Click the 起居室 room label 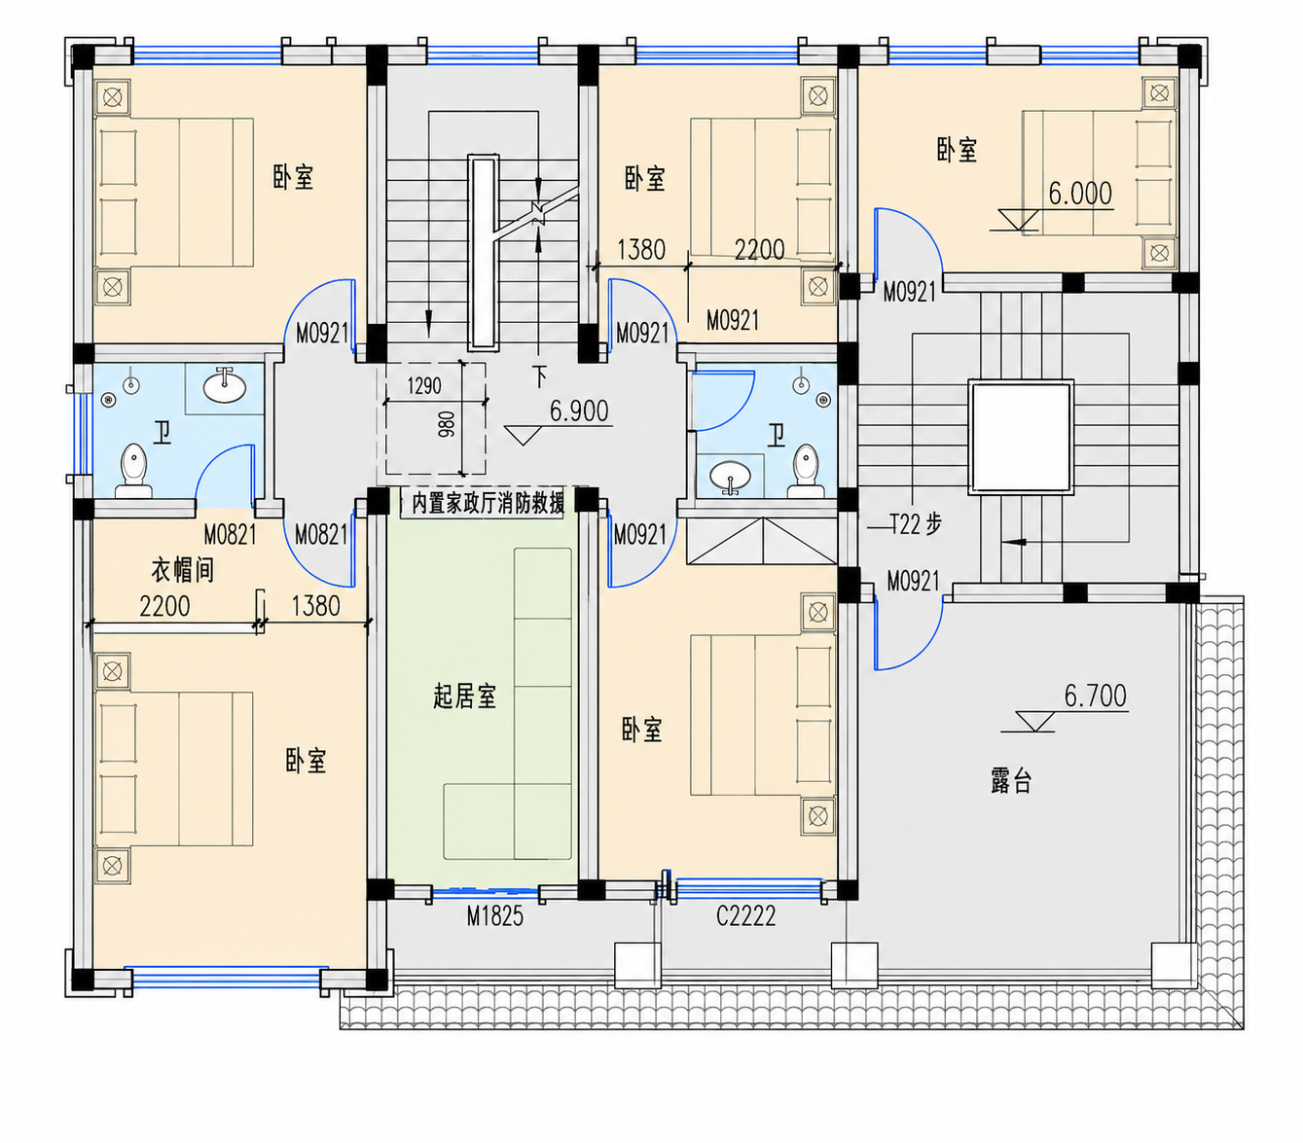pyautogui.click(x=464, y=697)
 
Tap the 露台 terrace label pyautogui.click(x=1010, y=782)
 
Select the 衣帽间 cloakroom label pyautogui.click(x=182, y=570)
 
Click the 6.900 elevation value pyautogui.click(x=579, y=411)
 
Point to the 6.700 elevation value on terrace pyautogui.click(x=1096, y=696)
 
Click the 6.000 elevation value pyautogui.click(x=1080, y=194)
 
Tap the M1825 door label pyautogui.click(x=494, y=916)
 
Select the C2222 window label pyautogui.click(x=746, y=916)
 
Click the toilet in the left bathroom pyautogui.click(x=133, y=471)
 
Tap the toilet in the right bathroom pyautogui.click(x=805, y=471)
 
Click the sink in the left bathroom pyautogui.click(x=224, y=386)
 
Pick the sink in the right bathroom pyautogui.click(x=730, y=477)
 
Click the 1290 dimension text pyautogui.click(x=424, y=386)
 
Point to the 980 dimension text pyautogui.click(x=447, y=425)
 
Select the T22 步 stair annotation pyautogui.click(x=916, y=525)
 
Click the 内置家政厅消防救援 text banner pyautogui.click(x=488, y=503)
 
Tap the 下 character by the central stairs pyautogui.click(x=540, y=377)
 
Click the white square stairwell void pyautogui.click(x=1021, y=437)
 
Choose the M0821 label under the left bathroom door pyautogui.click(x=230, y=535)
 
